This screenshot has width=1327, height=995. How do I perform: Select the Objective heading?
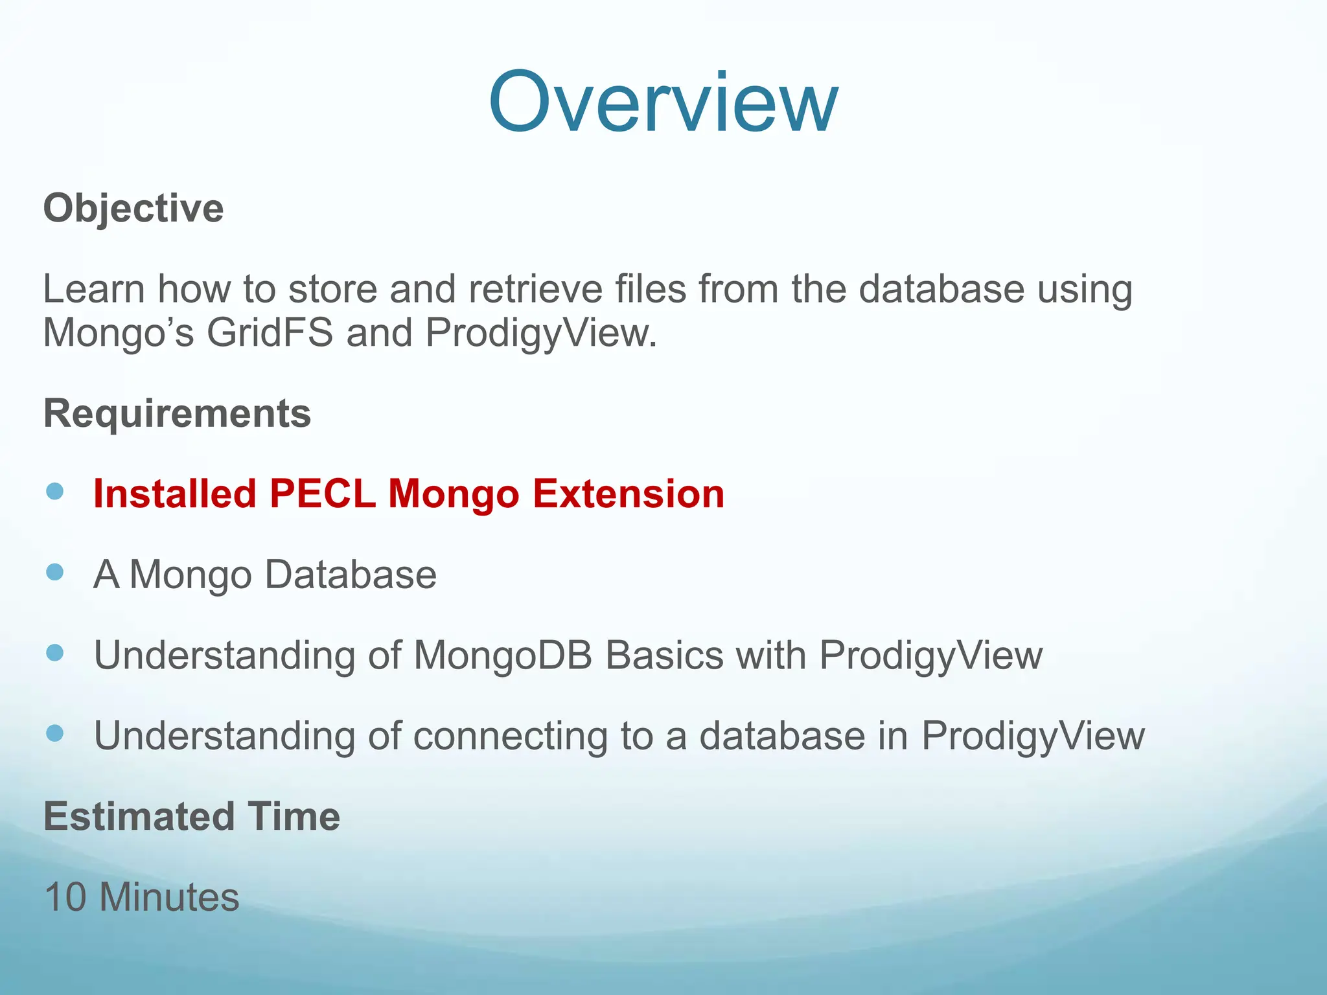[x=133, y=209]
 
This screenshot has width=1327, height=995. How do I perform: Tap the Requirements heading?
[x=177, y=413]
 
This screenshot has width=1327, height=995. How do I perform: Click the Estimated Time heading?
[x=192, y=816]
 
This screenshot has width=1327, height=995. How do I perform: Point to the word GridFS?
[x=270, y=333]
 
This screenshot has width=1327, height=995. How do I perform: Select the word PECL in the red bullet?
[x=322, y=494]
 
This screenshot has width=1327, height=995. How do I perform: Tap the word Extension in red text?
[x=628, y=494]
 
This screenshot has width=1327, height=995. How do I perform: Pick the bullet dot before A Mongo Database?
[x=56, y=572]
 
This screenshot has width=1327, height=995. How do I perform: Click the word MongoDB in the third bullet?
[x=502, y=656]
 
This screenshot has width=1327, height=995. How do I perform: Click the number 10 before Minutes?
[x=65, y=897]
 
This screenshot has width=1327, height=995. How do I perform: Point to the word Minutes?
[x=169, y=897]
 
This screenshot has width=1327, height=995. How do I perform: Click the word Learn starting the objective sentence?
[x=93, y=289]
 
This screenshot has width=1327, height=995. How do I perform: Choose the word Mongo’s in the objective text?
[x=118, y=333]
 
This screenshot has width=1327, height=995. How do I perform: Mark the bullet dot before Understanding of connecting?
[x=56, y=733]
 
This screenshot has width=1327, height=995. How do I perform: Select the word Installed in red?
[x=175, y=494]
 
